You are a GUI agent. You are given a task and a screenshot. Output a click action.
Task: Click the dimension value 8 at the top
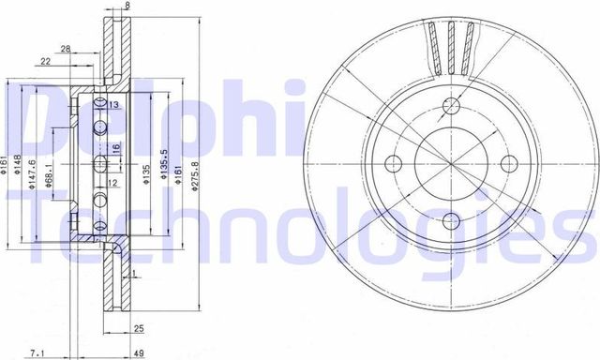tap(128, 7)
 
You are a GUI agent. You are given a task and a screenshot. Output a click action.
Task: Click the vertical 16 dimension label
tap(117, 148)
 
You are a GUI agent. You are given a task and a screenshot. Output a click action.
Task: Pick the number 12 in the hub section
tap(112, 183)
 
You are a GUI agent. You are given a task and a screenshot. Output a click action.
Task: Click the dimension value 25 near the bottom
tap(138, 329)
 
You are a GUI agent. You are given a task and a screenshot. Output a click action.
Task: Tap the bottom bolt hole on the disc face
tap(451, 222)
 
